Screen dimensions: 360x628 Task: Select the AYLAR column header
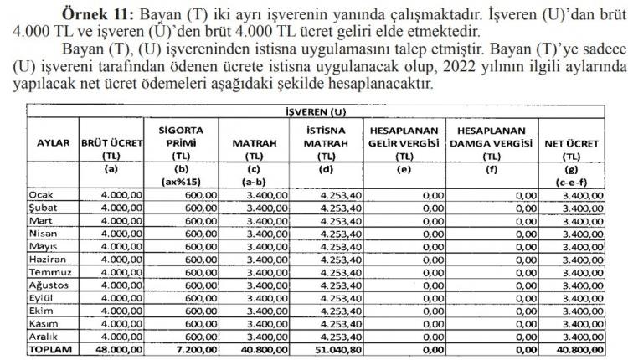(50, 143)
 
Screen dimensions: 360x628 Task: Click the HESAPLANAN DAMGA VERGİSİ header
(490, 143)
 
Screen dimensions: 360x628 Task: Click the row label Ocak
(43, 195)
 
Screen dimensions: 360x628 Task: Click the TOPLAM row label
(51, 350)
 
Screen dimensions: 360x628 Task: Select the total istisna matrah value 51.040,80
(330, 350)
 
